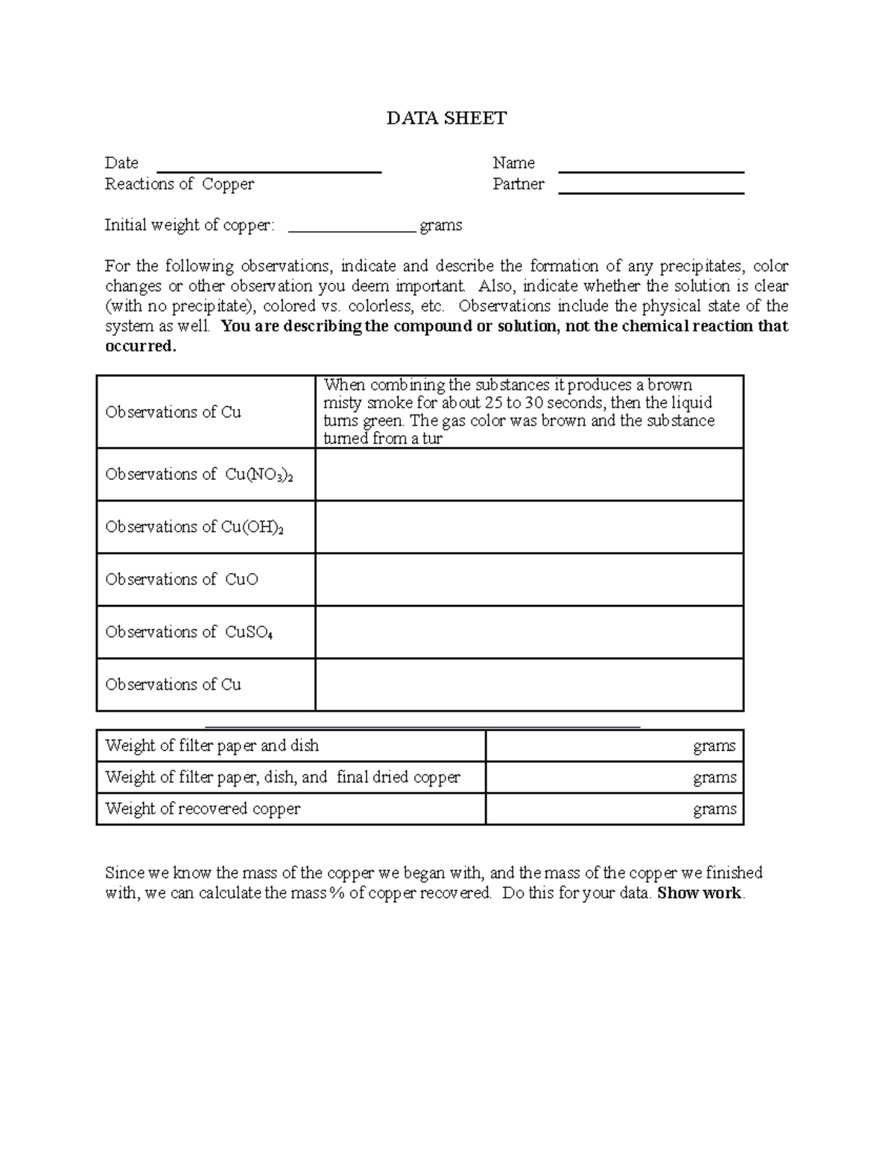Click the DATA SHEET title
pyautogui.click(x=446, y=118)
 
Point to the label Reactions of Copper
pyautogui.click(x=180, y=184)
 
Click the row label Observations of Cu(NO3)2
pyautogui.click(x=199, y=475)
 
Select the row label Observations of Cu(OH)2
pyautogui.click(x=194, y=527)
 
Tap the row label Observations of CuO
pyautogui.click(x=182, y=580)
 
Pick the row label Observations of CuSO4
pyautogui.click(x=189, y=633)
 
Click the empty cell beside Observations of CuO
pyautogui.click(x=529, y=580)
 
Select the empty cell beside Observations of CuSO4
pyautogui.click(x=529, y=633)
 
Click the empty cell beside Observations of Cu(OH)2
pyautogui.click(x=529, y=527)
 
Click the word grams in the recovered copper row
pyautogui.click(x=714, y=809)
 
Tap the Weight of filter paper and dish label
pyautogui.click(x=212, y=746)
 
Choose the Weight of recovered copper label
pyautogui.click(x=203, y=809)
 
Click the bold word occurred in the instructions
pyautogui.click(x=141, y=346)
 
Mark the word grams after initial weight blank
pyautogui.click(x=441, y=226)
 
